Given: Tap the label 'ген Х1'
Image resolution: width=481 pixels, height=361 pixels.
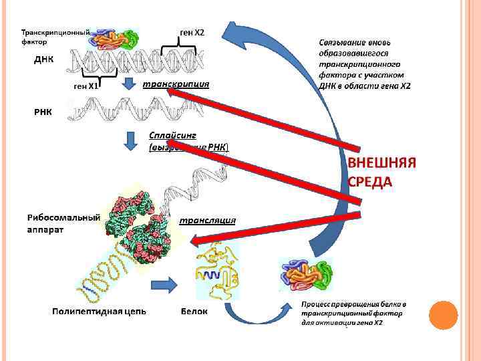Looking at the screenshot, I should coord(86,86).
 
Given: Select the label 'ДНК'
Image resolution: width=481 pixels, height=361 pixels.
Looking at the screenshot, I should coord(44,59).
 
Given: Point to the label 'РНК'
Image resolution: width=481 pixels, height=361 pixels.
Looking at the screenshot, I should coord(43,110).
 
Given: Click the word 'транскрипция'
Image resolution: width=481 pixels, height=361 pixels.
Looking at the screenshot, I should coord(176,85).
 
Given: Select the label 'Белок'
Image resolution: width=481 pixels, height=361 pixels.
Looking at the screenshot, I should coord(194,312).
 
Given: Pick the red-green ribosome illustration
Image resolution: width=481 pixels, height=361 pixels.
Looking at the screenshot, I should coord(134,224).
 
